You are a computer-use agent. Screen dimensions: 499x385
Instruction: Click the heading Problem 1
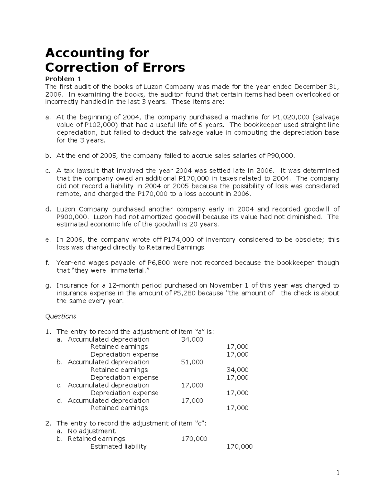(63, 79)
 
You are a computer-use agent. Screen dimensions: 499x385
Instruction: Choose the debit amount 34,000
(192, 339)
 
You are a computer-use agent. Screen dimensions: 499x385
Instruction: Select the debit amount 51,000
(192, 362)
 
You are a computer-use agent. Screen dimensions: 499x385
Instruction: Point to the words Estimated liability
(118, 446)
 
